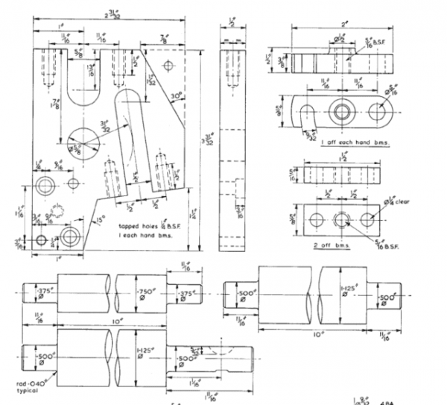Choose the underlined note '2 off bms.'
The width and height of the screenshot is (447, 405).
(331, 245)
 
